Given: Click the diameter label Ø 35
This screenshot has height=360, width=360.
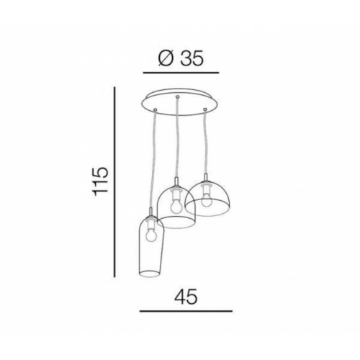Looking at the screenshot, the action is coord(181,58).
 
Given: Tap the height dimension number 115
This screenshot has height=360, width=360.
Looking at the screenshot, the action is coord(100,181).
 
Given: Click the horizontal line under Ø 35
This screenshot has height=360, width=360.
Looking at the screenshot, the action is coord(181,72).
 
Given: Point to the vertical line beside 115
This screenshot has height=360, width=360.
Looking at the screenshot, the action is coord(114,182).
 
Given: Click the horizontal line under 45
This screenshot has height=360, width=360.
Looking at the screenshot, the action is coord(186,311).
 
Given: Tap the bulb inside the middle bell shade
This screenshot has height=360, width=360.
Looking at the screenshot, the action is coord(176,206).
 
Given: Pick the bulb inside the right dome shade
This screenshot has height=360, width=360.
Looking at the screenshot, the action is coord(206,201).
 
